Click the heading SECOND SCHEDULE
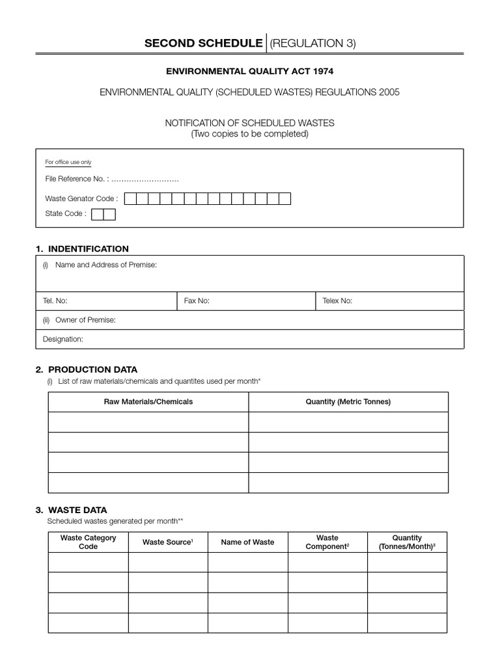(203, 43)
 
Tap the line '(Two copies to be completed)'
(249, 134)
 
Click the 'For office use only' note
(68, 162)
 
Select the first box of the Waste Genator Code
(130, 199)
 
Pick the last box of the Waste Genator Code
(285, 199)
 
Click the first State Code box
(98, 214)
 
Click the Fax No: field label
(197, 301)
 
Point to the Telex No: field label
(337, 301)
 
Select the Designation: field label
(63, 339)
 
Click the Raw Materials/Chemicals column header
(148, 402)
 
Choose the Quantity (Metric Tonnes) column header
(348, 402)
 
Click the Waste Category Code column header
(88, 542)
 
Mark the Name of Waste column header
(247, 542)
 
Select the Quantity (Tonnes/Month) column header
(407, 542)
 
